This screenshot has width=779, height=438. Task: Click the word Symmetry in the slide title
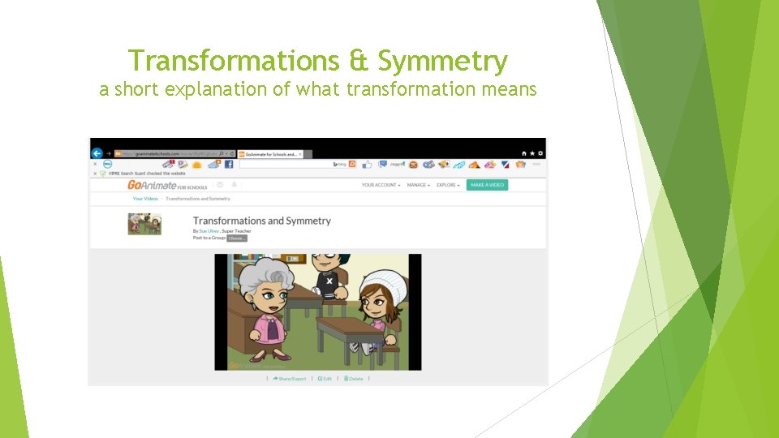tap(443, 62)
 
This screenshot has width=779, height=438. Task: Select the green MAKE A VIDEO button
tap(487, 185)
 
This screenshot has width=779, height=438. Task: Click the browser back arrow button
tap(97, 153)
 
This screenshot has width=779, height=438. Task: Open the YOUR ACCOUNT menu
tap(381, 185)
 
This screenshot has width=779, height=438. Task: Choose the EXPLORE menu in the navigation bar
tap(448, 185)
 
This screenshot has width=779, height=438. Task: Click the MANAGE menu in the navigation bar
tap(418, 185)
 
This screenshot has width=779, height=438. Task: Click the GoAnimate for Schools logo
tap(167, 185)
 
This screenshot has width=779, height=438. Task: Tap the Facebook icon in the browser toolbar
tap(229, 164)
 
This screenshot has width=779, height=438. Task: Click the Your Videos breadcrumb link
tap(145, 199)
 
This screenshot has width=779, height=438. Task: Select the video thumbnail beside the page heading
tap(144, 224)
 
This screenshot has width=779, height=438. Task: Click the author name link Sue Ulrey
tap(209, 231)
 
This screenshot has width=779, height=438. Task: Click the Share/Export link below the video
tap(290, 379)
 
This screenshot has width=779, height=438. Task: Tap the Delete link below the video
tap(354, 379)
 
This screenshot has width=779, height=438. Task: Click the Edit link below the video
tap(325, 379)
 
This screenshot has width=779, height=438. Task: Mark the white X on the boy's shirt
tap(329, 281)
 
